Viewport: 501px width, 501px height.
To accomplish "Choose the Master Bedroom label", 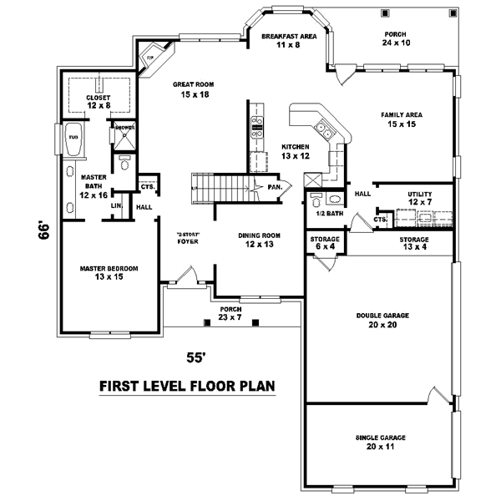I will pyautogui.click(x=109, y=272).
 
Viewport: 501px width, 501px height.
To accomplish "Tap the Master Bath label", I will pyautogui.click(x=92, y=185).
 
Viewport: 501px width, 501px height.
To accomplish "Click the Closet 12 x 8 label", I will pyautogui.click(x=98, y=102).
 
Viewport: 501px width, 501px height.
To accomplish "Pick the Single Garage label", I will pyautogui.click(x=381, y=443).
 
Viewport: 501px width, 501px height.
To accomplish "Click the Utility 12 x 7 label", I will pyautogui.click(x=420, y=199).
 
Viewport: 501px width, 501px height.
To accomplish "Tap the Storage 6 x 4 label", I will pyautogui.click(x=325, y=243).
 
